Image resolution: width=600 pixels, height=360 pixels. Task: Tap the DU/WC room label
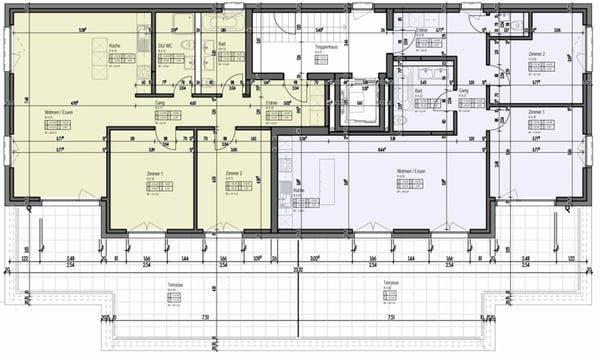167,46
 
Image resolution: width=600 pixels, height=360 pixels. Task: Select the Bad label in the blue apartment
418,90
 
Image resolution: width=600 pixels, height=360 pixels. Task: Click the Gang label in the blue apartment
464,90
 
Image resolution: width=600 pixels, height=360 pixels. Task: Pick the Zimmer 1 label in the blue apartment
536,111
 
